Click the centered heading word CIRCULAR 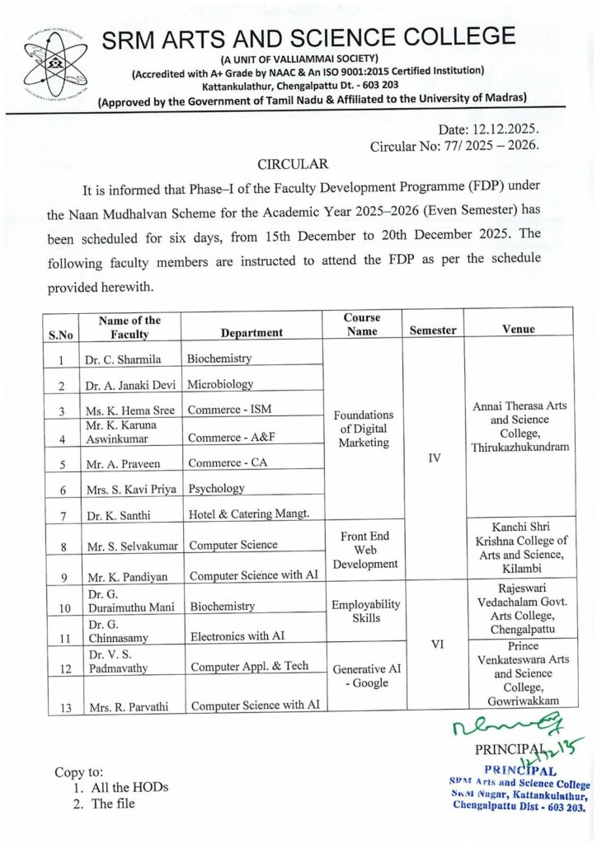point(294,164)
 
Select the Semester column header point(433,330)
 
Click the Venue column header point(519,329)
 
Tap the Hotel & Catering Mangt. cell point(248,514)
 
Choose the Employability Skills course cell point(364,611)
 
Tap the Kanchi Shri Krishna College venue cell point(519,547)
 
